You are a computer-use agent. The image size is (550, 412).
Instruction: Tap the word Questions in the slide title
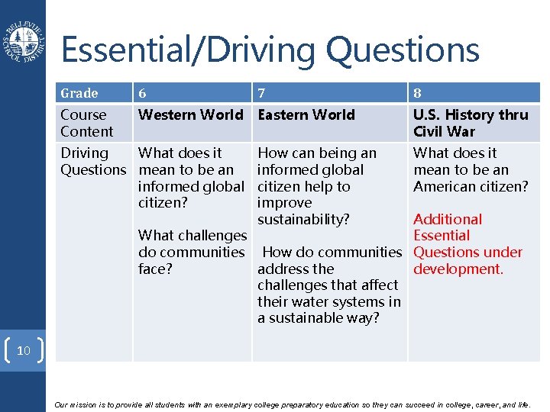click(x=403, y=50)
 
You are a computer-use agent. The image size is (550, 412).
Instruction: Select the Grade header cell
click(x=79, y=93)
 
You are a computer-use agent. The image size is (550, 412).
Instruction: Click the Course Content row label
click(x=86, y=123)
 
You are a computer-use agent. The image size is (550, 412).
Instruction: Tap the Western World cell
click(x=190, y=115)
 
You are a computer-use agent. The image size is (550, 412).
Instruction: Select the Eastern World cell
click(x=306, y=115)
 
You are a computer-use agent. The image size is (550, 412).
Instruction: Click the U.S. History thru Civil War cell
click(x=470, y=123)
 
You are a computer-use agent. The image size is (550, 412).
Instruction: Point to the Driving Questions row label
click(x=92, y=161)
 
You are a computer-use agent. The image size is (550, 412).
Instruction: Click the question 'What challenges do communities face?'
click(x=192, y=252)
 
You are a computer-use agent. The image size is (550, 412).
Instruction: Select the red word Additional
click(x=448, y=220)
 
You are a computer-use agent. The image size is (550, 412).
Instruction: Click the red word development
click(x=458, y=269)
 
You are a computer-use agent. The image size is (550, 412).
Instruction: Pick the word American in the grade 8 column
click(x=448, y=186)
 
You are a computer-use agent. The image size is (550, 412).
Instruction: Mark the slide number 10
click(x=24, y=351)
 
